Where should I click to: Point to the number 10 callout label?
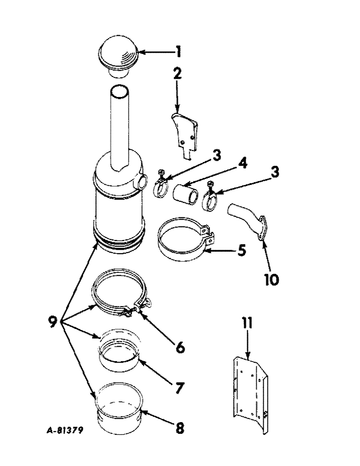(271, 279)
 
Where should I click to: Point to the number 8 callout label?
(179, 428)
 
